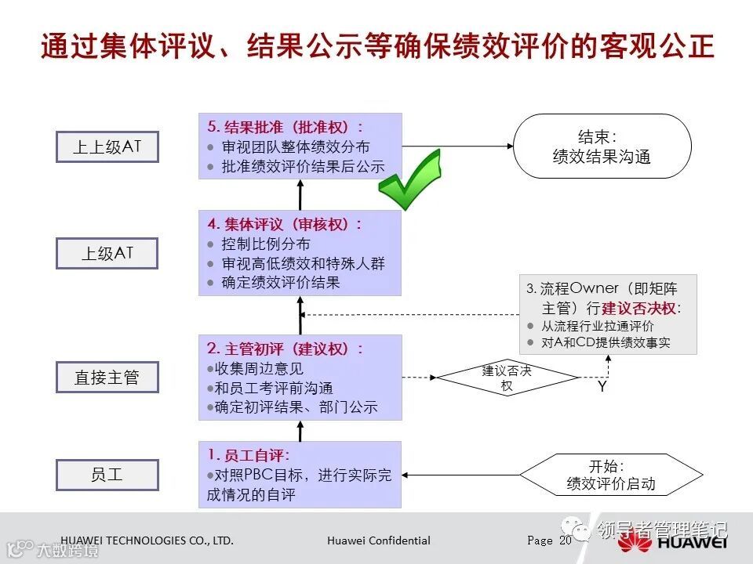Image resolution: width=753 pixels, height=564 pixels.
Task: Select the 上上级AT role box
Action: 107,146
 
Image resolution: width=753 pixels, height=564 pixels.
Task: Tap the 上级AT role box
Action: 107,253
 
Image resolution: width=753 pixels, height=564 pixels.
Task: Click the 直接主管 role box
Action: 107,378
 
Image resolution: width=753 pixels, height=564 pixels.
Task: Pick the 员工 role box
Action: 107,475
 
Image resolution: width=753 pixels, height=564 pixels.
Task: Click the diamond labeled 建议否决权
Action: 506,378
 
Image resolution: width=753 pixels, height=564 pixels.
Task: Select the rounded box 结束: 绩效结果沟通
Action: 602,146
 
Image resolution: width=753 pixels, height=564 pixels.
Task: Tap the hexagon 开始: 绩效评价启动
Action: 611,475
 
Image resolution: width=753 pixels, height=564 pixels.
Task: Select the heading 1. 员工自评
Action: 249,454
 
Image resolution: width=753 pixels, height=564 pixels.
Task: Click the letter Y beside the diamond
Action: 602,386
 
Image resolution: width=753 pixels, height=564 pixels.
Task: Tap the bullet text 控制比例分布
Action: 266,244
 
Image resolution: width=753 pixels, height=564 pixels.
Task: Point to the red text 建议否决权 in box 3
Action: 640,308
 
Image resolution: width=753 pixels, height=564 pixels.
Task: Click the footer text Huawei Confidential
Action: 379,540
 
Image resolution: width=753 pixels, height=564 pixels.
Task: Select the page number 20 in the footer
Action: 566,540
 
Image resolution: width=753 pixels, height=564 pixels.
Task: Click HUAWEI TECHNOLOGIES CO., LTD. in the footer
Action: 147,540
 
